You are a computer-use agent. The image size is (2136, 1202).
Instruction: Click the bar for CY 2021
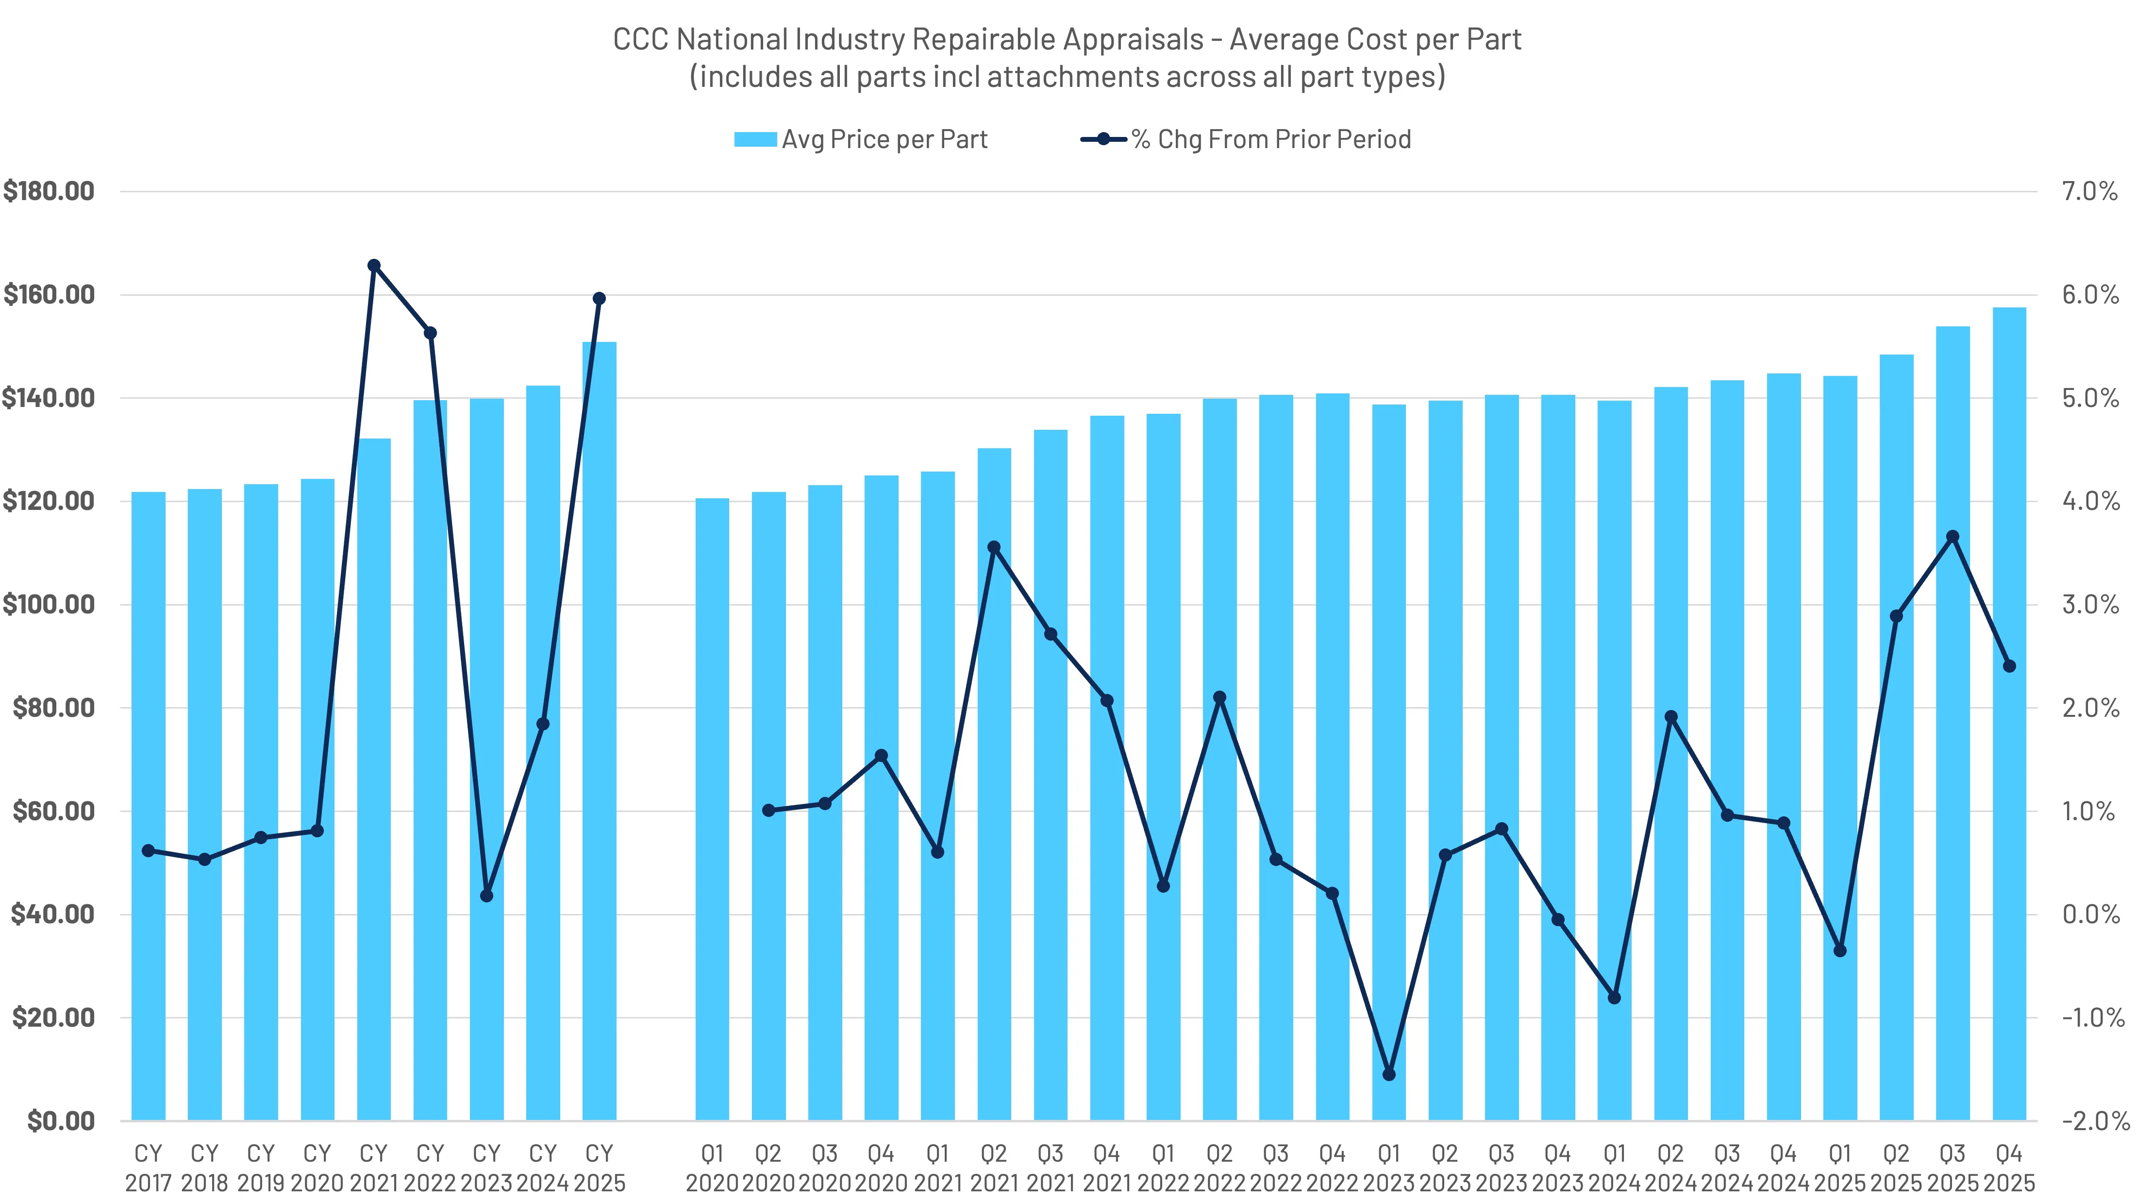pyautogui.click(x=373, y=780)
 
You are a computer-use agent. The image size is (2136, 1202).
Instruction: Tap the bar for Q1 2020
pyautogui.click(x=712, y=809)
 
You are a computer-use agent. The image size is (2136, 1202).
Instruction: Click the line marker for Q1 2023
pyautogui.click(x=1389, y=1074)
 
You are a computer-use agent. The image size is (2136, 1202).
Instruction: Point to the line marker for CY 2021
pyautogui.click(x=373, y=266)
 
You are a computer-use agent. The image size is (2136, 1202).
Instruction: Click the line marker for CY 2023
pyautogui.click(x=487, y=896)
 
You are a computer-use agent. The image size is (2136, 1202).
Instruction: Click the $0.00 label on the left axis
pyautogui.click(x=61, y=1121)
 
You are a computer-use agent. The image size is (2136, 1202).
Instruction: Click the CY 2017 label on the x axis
pyautogui.click(x=149, y=1167)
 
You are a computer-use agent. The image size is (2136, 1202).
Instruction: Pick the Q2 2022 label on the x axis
pyautogui.click(x=1219, y=1167)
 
